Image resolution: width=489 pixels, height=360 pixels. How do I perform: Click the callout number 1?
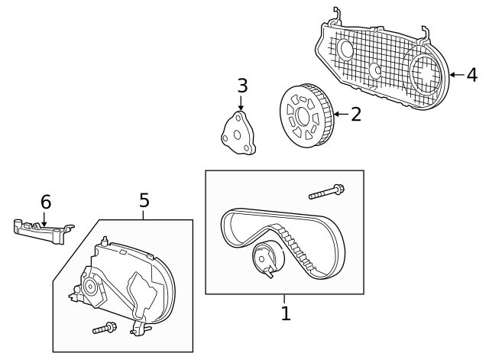point(286,313)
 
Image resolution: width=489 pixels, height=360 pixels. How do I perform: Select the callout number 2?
point(356,115)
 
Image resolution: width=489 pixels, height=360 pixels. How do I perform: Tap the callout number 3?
point(242,86)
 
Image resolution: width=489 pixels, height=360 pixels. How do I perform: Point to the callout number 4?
point(471,75)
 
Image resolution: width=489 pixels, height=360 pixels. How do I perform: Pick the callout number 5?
point(144,201)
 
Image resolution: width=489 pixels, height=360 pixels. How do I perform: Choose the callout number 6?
point(46,202)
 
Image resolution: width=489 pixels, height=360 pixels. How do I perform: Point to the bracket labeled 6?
point(42,230)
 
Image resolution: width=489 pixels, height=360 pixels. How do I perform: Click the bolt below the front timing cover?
point(104,329)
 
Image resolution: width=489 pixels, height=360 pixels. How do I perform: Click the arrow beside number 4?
point(456,75)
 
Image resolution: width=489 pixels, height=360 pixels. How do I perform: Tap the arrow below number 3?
point(242,103)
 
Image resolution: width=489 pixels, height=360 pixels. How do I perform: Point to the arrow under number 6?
point(44,219)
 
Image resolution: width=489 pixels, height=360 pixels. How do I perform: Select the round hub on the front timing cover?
point(89,287)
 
